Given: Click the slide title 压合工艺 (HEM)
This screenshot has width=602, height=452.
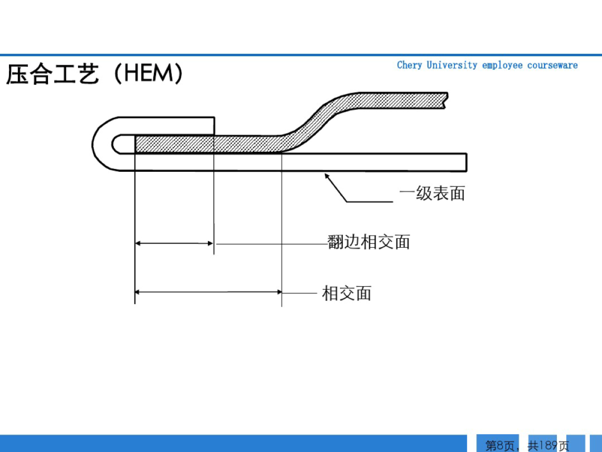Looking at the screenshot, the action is (94, 74).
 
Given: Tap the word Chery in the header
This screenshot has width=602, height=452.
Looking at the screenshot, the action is (409, 65).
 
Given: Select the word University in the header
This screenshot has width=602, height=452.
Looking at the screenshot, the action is (452, 65).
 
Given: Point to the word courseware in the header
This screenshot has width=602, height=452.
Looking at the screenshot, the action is (552, 65).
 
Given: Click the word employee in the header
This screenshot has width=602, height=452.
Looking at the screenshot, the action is (502, 65).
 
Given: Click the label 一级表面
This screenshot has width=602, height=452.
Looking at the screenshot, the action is (432, 194).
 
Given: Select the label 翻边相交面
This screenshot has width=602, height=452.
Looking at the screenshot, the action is (369, 242).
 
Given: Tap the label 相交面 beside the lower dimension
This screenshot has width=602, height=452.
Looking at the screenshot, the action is (347, 293).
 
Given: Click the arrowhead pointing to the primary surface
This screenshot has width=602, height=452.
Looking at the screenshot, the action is (327, 176).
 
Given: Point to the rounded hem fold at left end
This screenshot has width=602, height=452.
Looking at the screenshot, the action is (103, 144).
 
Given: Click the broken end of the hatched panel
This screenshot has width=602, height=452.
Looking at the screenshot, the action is (446, 100).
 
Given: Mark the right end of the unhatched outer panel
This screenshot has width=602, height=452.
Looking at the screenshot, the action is (465, 162).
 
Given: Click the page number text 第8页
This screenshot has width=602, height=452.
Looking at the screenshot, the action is (499, 445).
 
